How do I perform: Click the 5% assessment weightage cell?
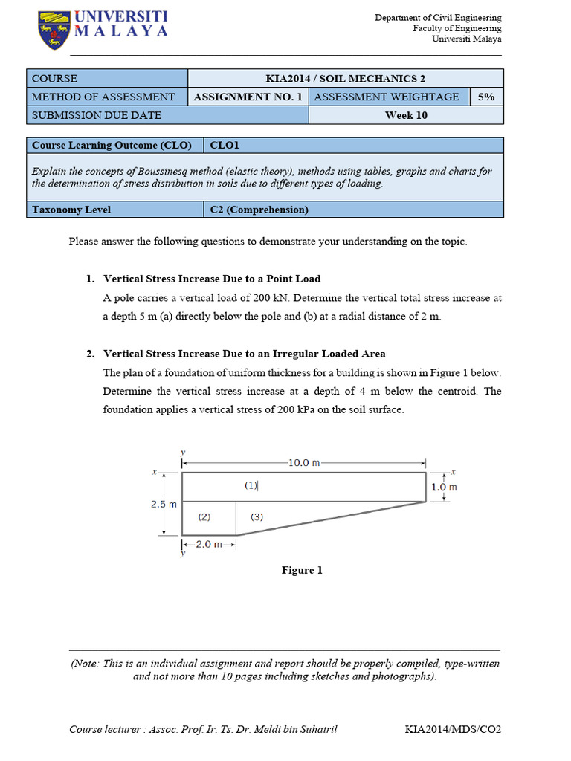tap(486, 97)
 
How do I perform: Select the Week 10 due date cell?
tap(405, 115)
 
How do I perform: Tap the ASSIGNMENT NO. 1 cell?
tap(248, 97)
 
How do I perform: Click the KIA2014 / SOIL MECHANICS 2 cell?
tap(345, 79)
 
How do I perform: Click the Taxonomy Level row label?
tap(71, 210)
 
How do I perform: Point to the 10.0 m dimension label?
tap(303, 462)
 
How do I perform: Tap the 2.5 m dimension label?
tap(164, 504)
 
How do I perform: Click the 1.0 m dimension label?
tap(444, 488)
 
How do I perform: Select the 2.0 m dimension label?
tap(208, 545)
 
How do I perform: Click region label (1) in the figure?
tap(251, 485)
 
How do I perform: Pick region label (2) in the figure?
tap(204, 516)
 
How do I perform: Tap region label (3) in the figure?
tap(257, 516)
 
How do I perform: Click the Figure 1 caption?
tap(302, 570)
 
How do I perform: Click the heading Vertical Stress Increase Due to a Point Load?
tap(212, 279)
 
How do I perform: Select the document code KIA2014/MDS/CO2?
tap(453, 729)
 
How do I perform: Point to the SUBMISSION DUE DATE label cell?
tap(97, 115)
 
